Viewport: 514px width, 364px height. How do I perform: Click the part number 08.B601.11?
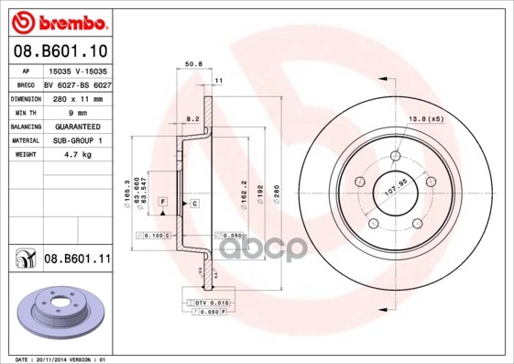[x=76, y=259]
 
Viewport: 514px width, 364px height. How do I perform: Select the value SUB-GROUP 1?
[x=71, y=140]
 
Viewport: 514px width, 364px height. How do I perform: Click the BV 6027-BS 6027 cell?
[x=77, y=83]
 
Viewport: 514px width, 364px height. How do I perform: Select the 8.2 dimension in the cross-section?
[x=191, y=120]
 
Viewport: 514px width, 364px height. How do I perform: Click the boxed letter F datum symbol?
[x=162, y=201]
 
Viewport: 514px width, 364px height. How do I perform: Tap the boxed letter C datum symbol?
[x=195, y=203]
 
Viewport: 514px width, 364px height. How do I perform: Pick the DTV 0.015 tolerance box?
[x=210, y=302]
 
